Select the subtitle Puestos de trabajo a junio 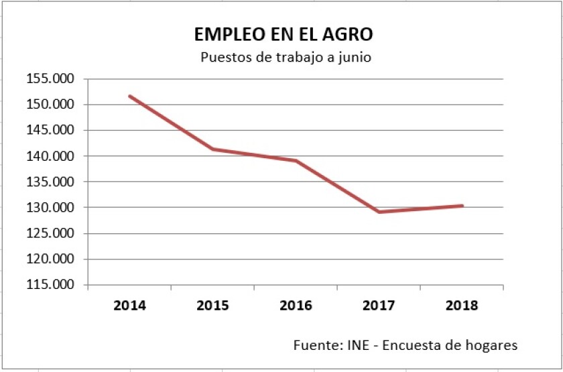click(286, 57)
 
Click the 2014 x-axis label click(129, 306)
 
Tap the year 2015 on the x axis click(212, 306)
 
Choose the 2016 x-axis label click(296, 306)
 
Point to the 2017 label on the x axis click(379, 306)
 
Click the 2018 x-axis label click(462, 306)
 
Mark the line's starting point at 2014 click(129, 97)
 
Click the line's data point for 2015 click(212, 149)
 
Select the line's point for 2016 click(296, 161)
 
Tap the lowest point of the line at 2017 click(379, 212)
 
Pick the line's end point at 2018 click(462, 206)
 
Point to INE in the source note click(356, 346)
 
